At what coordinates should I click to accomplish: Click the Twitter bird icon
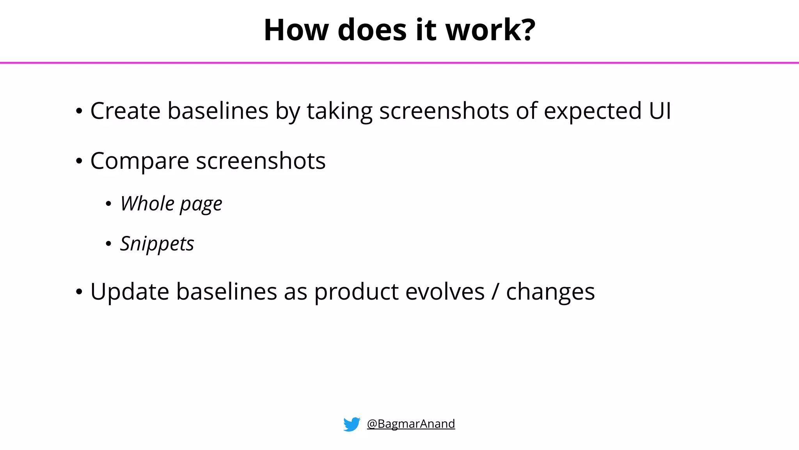point(352,424)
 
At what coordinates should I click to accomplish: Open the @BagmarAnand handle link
point(411,424)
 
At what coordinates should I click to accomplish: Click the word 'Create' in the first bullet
point(125,111)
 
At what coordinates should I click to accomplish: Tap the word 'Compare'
point(140,161)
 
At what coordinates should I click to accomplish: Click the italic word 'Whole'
point(147,204)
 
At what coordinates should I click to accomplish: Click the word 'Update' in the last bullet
point(130,292)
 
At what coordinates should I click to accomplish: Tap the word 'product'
point(356,293)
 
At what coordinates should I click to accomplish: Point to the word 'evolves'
point(445,292)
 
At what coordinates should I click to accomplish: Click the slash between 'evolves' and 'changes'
point(495,292)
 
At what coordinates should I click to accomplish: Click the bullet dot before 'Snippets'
point(108,244)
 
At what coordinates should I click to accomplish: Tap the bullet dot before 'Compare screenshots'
point(79,161)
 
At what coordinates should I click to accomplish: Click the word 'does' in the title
point(372,30)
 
